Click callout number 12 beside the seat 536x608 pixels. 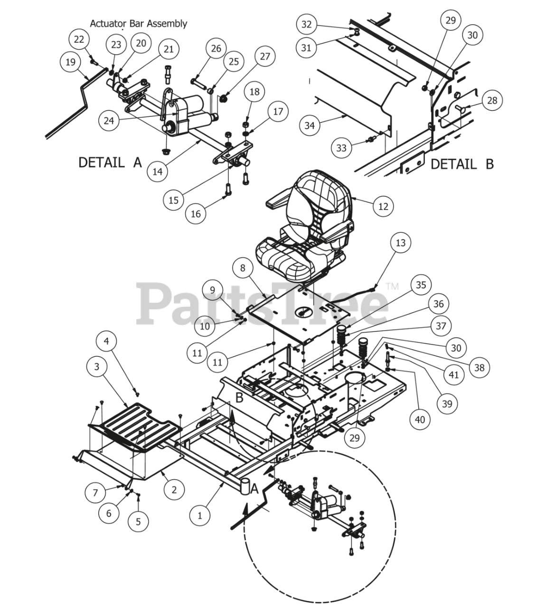click(383, 207)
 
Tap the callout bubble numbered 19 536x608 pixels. click(70, 62)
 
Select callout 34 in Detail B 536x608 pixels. click(310, 125)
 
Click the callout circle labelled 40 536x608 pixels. click(420, 419)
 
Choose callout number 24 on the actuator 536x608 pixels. click(109, 121)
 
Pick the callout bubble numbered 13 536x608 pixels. click(401, 243)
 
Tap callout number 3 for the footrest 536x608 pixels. click(96, 366)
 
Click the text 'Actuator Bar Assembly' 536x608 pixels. click(139, 23)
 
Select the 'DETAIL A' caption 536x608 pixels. click(110, 162)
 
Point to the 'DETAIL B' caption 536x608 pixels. click(462, 164)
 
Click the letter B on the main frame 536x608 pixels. click(239, 397)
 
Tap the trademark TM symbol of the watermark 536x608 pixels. click(392, 286)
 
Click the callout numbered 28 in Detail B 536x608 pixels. click(492, 100)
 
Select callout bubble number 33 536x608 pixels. click(341, 148)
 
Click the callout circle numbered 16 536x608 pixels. click(196, 214)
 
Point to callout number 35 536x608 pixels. click(421, 285)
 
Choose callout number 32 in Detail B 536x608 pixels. click(307, 24)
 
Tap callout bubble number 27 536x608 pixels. click(265, 56)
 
